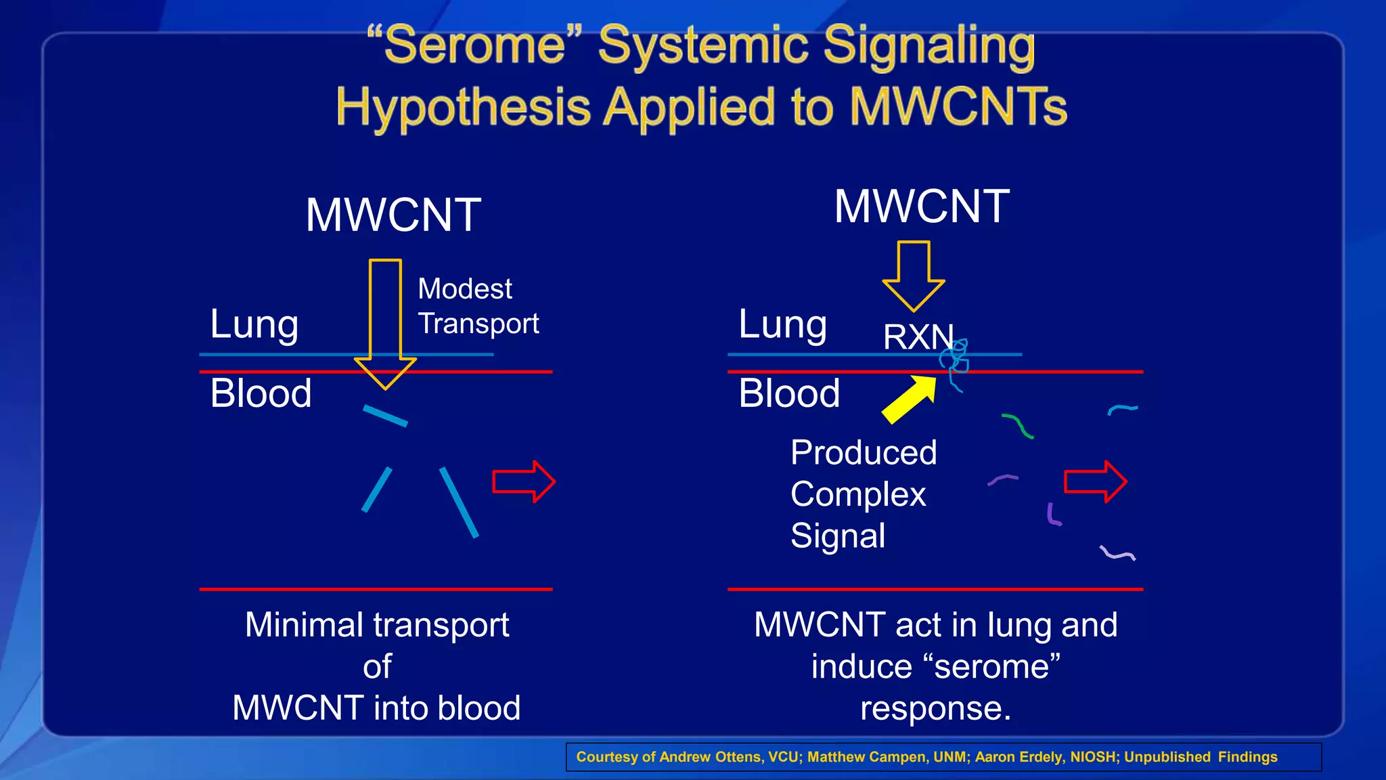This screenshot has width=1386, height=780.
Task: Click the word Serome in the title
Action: coord(474,46)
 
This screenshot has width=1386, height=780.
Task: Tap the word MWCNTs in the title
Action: coord(958,108)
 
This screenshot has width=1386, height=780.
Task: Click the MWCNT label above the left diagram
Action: coord(393,215)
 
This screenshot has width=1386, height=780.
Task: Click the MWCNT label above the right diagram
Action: coord(922,207)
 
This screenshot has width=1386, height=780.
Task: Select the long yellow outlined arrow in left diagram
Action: coord(385,318)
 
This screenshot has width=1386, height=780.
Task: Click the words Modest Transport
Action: coord(477,306)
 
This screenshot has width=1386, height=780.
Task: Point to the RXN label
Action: coord(917,337)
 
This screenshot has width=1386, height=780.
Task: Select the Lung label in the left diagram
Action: coord(254,324)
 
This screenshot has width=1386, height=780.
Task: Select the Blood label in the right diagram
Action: coord(789,393)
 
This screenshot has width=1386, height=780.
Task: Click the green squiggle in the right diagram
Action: coord(1018,426)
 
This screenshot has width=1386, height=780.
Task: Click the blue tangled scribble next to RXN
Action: coord(956,362)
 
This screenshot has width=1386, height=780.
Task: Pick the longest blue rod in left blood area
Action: coord(459,502)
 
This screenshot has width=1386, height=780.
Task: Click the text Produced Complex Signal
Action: coord(863,494)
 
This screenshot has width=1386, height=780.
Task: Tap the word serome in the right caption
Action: coord(991,667)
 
